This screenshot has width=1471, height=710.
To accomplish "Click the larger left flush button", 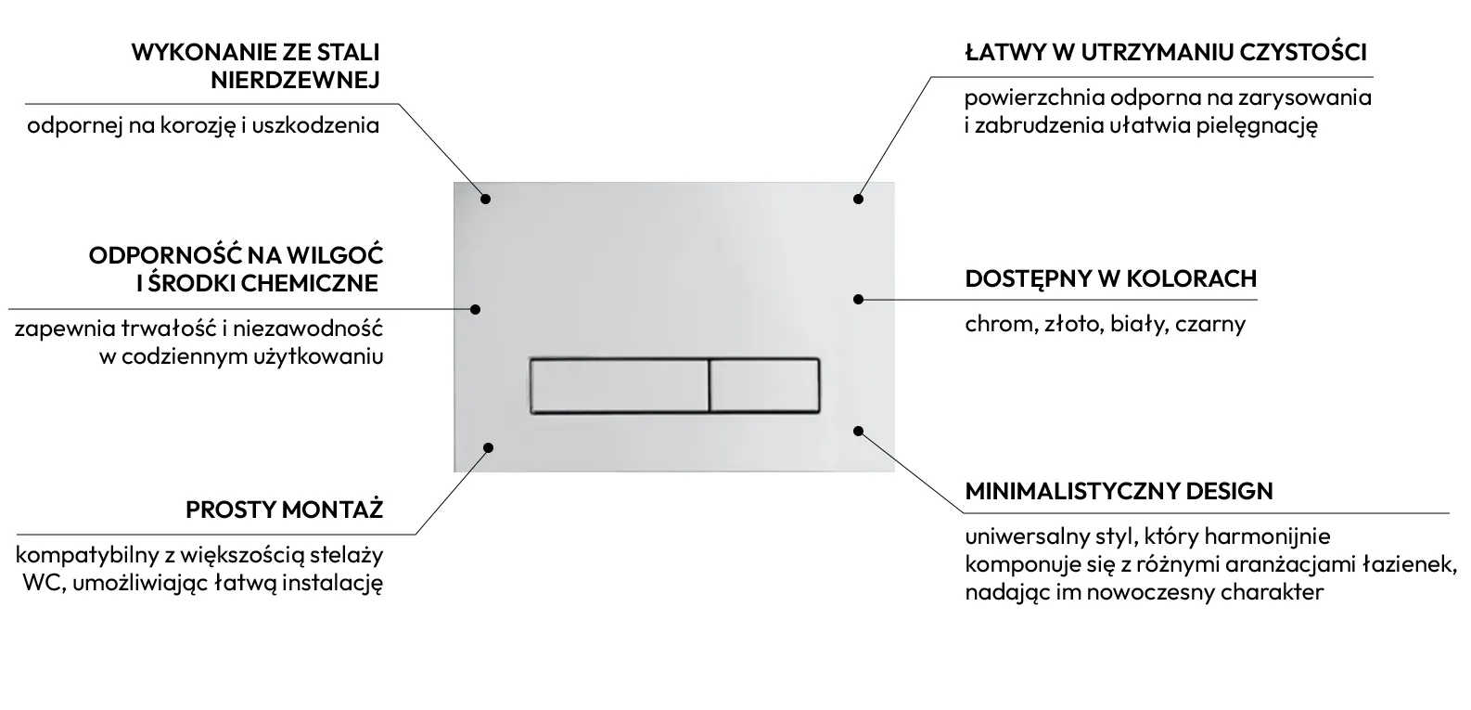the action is (620, 386).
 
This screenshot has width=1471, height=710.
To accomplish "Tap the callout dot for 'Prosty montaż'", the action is (488, 447).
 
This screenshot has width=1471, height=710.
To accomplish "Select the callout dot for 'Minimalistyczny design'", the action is (858, 432).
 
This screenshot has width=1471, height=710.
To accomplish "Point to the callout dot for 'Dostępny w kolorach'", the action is (858, 299).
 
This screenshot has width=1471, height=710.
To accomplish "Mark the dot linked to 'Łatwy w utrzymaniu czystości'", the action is (858, 199).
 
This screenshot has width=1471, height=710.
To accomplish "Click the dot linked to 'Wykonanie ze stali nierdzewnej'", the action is (485, 199).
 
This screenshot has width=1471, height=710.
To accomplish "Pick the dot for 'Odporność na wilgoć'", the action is (476, 309).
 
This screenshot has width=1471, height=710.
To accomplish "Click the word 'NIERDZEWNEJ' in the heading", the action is (296, 80).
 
